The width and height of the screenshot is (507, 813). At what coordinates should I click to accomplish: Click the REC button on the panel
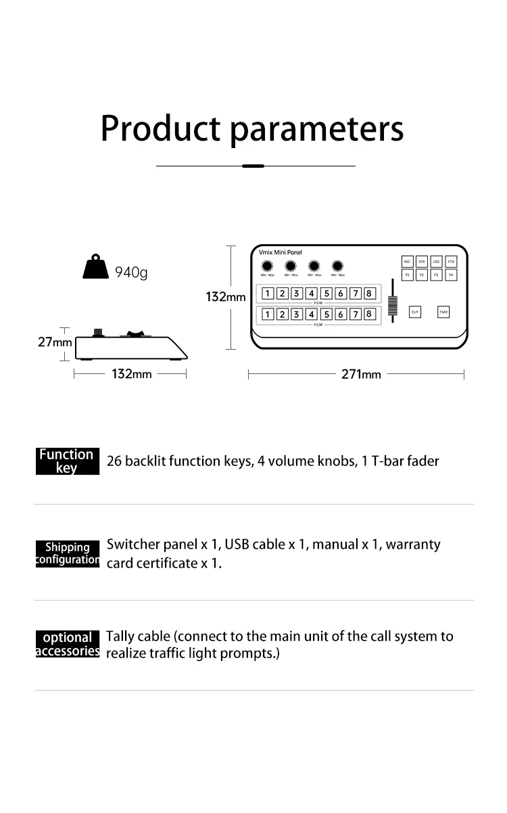[407, 262]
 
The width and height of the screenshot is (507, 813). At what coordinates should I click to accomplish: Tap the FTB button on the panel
[451, 262]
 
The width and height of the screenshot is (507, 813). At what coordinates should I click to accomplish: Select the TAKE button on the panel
[443, 312]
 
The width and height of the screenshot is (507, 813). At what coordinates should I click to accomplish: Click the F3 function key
[437, 275]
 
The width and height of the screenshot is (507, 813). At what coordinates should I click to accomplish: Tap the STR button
[422, 262]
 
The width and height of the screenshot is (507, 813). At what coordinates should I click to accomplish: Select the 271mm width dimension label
[361, 374]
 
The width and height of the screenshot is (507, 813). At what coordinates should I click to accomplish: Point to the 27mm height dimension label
[55, 342]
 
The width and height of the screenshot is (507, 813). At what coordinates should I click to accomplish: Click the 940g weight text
[130, 273]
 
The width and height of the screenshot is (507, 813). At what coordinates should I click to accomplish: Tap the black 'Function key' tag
[67, 461]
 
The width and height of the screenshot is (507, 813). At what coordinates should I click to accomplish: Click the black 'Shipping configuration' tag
[67, 553]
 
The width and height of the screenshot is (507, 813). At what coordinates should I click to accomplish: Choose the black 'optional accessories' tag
[67, 644]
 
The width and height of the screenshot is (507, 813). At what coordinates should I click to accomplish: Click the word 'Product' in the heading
[161, 128]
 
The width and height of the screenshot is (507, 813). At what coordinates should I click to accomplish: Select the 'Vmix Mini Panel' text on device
[281, 252]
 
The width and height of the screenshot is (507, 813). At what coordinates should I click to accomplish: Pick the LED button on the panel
[437, 262]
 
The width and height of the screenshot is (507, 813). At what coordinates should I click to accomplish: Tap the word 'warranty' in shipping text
[412, 544]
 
